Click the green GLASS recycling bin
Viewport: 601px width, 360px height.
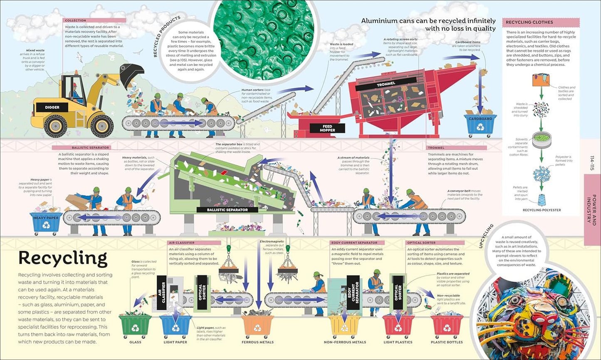[135, 327]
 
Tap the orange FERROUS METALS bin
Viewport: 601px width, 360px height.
[258, 327]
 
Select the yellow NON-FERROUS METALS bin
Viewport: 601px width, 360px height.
[345, 327]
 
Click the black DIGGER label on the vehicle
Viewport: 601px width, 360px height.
[52, 107]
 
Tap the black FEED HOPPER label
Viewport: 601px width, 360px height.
[327, 128]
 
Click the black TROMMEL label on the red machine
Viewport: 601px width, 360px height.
[386, 84]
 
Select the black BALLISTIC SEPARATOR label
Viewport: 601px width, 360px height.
[227, 210]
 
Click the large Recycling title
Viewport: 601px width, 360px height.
[63, 259]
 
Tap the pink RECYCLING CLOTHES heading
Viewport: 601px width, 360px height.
[540, 22]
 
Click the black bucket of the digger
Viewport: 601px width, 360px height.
[131, 75]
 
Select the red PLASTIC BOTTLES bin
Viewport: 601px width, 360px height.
[447, 327]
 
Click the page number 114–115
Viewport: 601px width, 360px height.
[593, 163]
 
